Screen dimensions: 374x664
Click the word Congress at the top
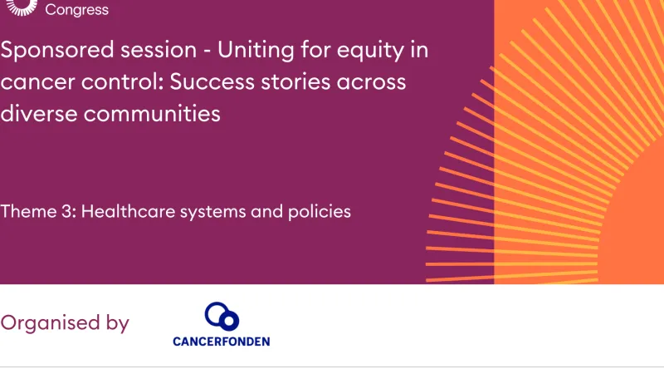point(76,10)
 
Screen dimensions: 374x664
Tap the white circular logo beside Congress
point(23,7)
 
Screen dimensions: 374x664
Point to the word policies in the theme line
point(319,212)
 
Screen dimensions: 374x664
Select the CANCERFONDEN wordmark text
point(221,341)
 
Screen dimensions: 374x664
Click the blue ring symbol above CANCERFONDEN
point(222,316)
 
